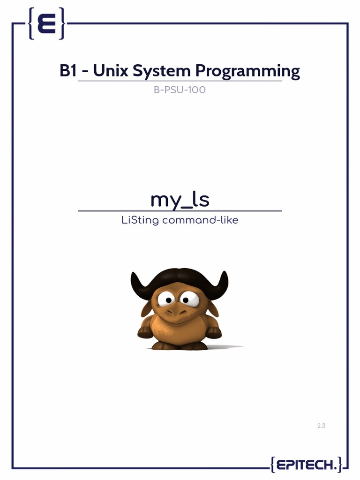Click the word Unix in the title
111,71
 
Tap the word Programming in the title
247,72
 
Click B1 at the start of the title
68,71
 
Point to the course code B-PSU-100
180,90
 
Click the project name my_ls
180,200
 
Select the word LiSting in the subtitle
139,220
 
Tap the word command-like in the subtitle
200,220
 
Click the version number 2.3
321,426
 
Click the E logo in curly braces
46,23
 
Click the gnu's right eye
189,297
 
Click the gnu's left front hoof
145,332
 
